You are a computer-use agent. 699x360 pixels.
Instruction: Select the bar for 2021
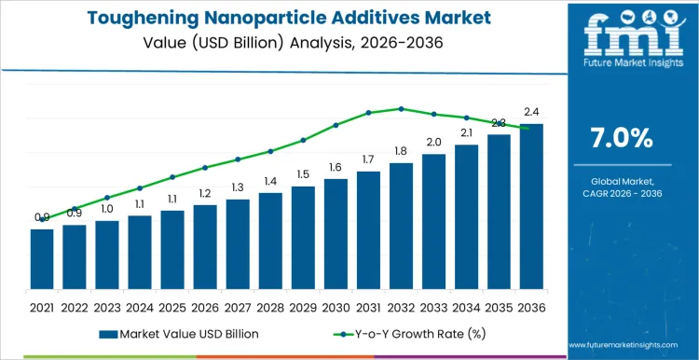42,260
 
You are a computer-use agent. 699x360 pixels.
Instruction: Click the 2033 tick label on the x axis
433,307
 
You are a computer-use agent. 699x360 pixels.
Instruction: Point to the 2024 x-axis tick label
140,307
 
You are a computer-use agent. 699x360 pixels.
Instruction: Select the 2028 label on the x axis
270,307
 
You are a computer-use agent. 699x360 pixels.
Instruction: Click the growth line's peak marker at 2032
401,109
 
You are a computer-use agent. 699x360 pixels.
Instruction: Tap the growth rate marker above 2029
303,140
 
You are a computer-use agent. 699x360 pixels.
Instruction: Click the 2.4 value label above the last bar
531,112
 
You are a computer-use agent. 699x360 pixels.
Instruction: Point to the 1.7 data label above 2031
368,159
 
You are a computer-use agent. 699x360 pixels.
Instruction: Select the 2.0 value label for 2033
433,142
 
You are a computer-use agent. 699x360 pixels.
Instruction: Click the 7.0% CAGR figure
622,137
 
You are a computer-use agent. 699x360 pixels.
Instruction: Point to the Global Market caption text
622,181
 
